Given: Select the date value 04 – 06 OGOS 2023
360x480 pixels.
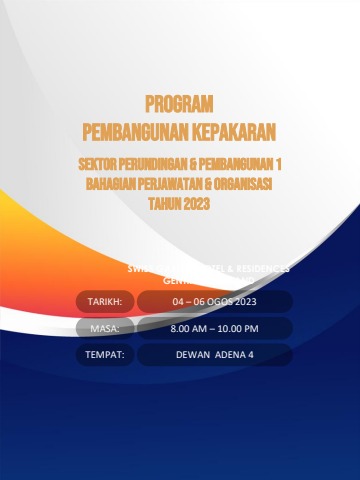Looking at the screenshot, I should [215, 301].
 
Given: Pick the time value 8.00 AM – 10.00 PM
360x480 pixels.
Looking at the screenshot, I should [215, 328].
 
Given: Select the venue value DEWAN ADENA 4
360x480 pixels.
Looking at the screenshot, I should [215, 355].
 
